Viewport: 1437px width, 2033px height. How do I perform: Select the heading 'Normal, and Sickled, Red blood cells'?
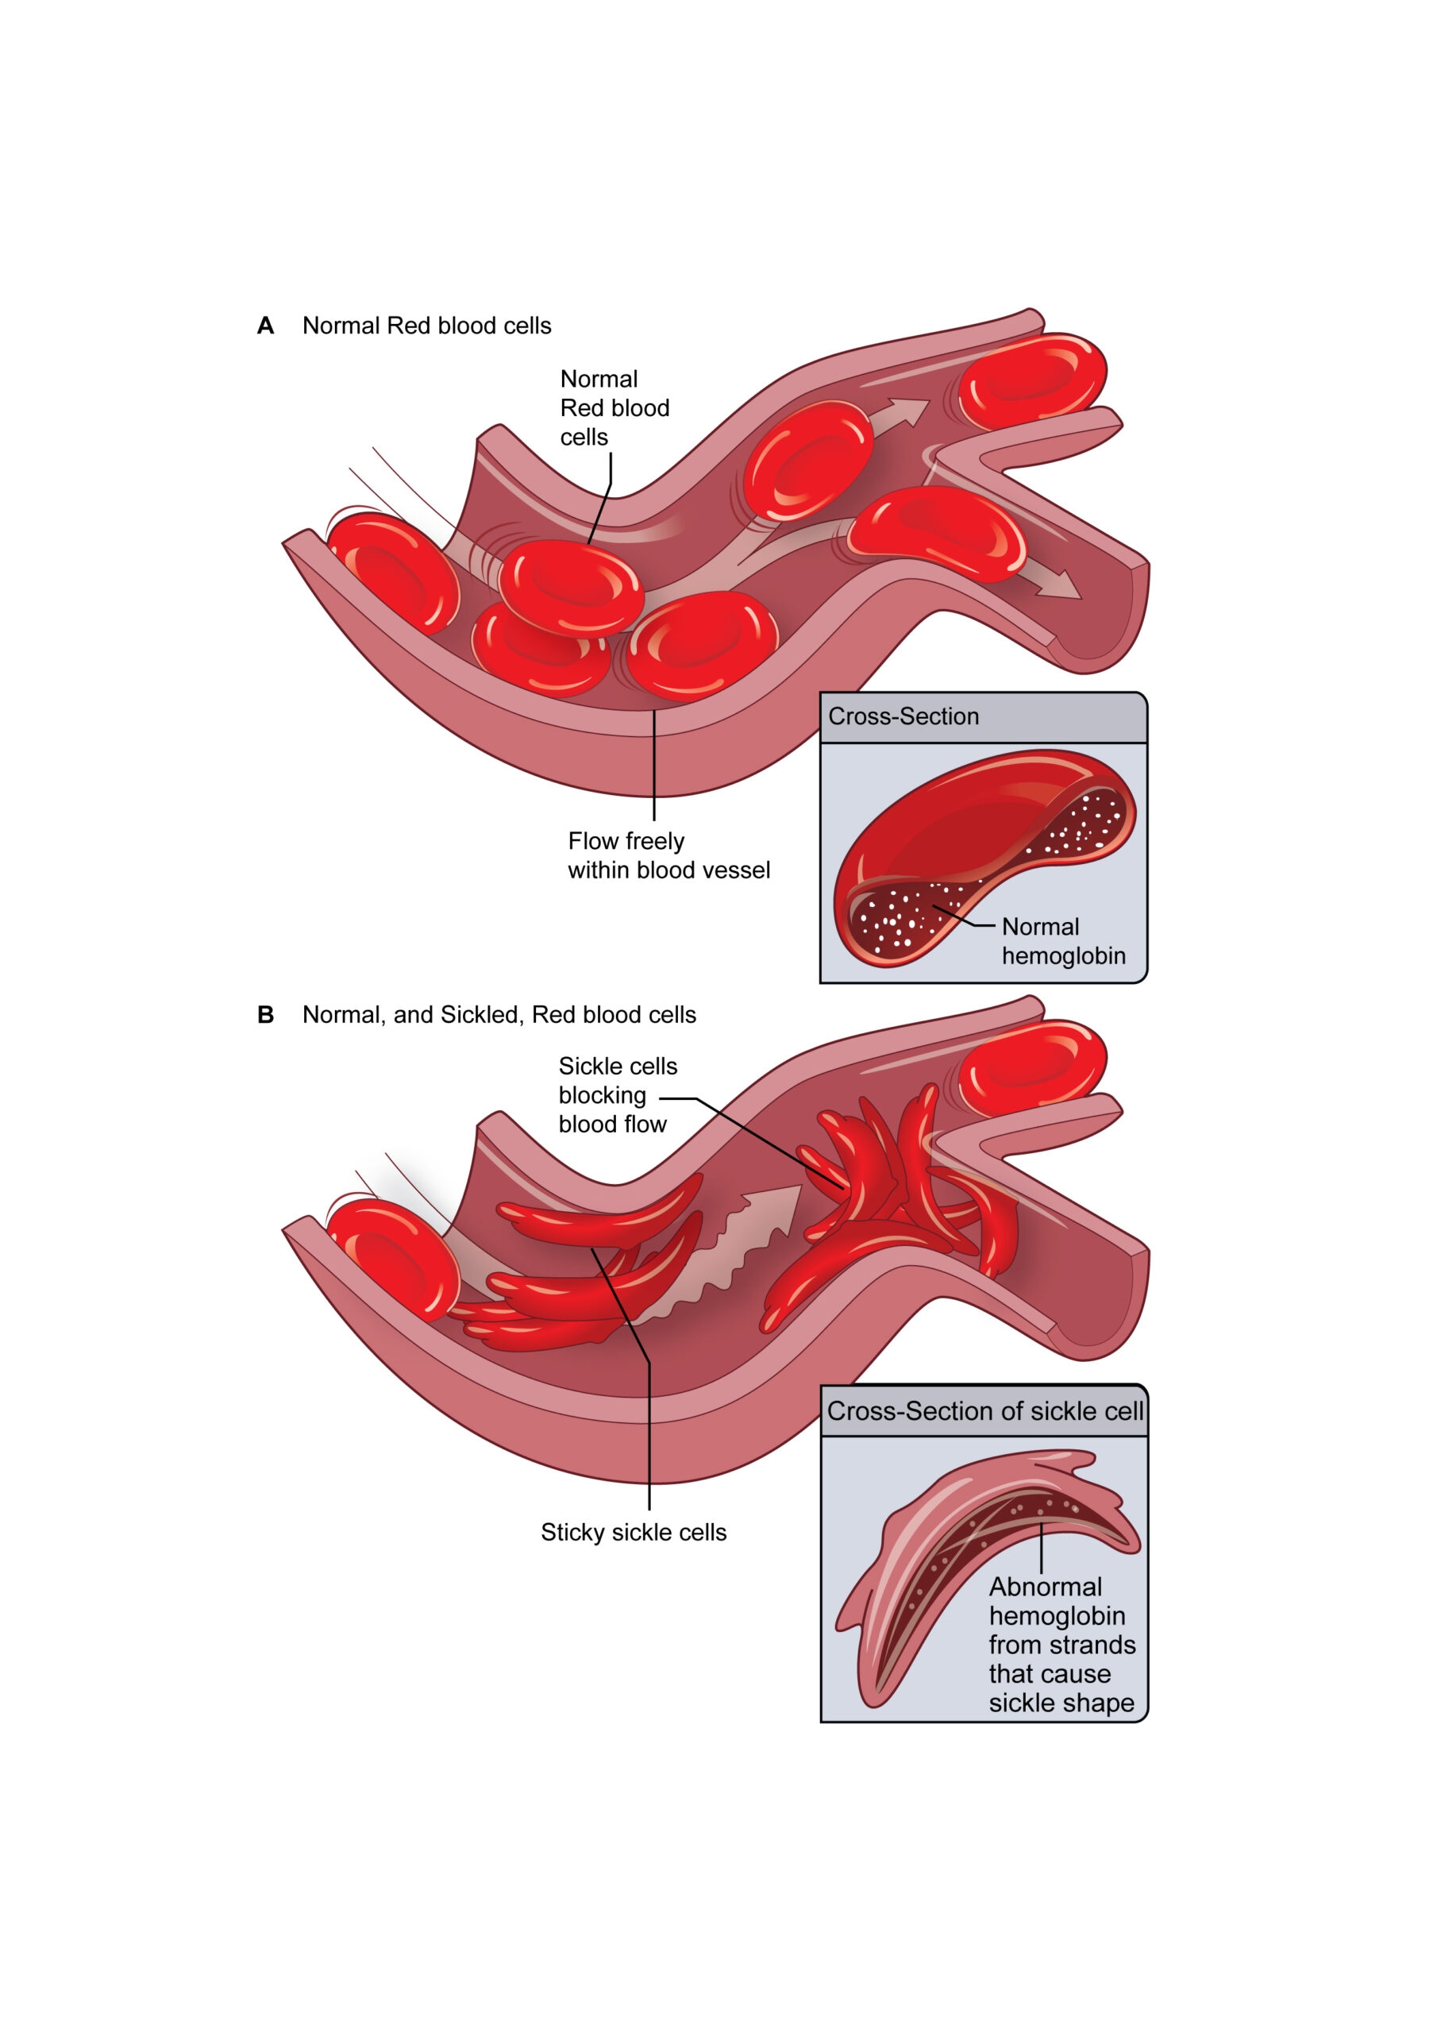tap(499, 1015)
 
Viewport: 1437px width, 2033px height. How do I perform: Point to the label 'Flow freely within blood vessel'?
tap(668, 855)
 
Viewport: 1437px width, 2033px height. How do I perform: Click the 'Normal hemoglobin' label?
tap(1062, 941)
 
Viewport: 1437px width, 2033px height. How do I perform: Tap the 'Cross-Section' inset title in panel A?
tap(903, 716)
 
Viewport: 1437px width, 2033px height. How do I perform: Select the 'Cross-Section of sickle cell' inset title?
tap(984, 1410)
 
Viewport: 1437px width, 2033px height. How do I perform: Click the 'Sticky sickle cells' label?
tap(633, 1532)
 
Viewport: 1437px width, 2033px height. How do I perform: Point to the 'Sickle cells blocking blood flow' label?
tap(613, 1095)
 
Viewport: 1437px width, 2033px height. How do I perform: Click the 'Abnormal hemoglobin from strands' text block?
tap(1061, 1645)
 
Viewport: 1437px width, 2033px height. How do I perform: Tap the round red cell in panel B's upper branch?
tap(1031, 1067)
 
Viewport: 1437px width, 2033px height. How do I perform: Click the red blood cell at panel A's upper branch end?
tap(1031, 379)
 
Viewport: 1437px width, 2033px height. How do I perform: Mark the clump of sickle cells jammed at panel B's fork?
tap(894, 1186)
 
